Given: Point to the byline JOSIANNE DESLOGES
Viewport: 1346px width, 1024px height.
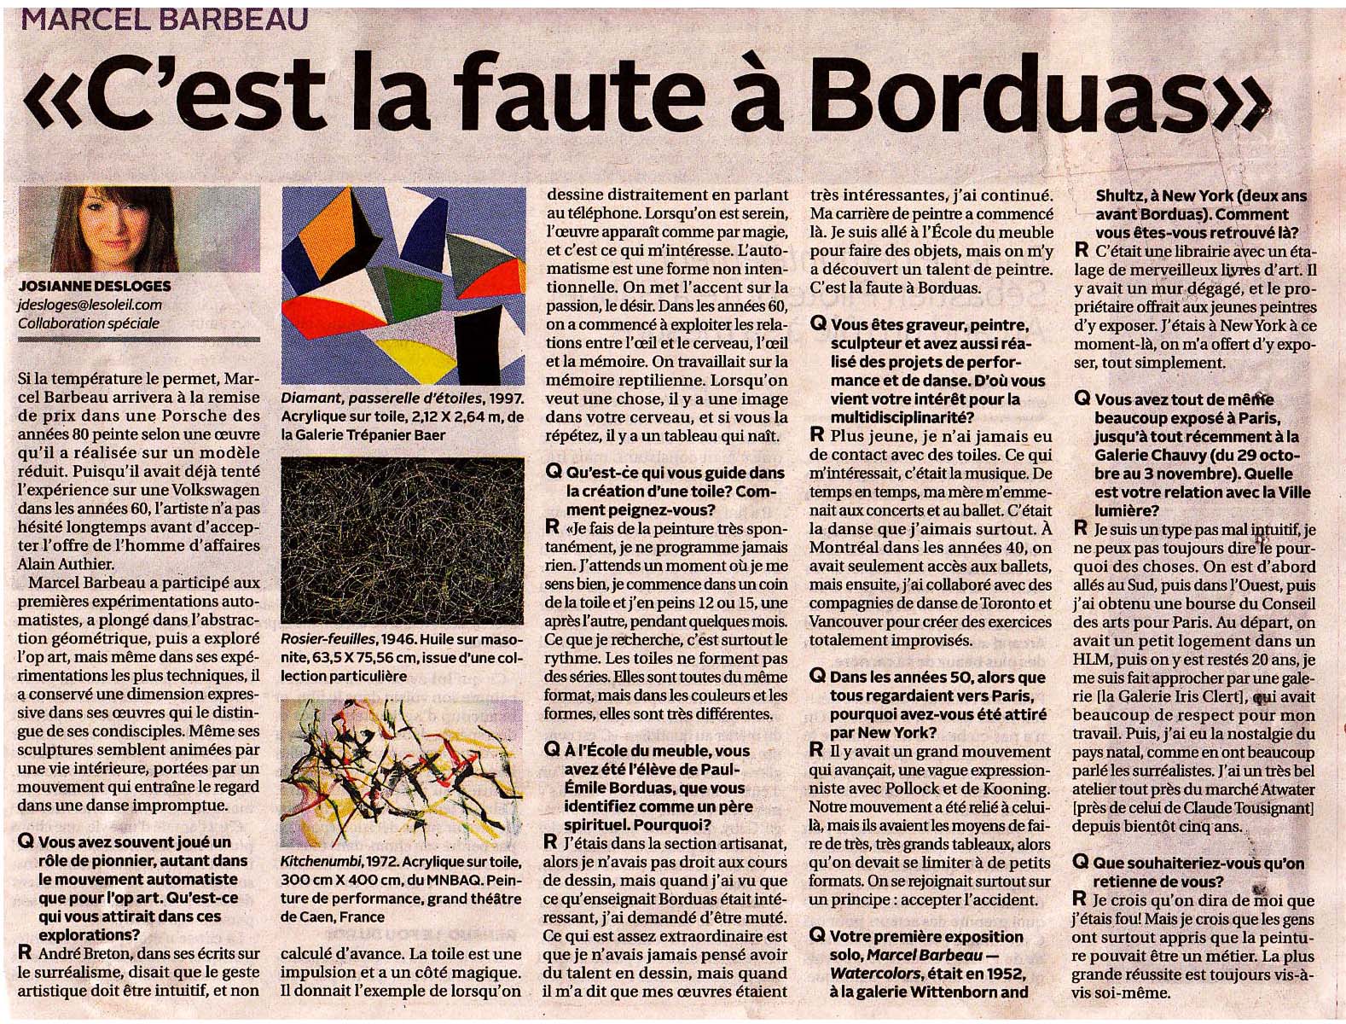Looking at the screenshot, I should tap(95, 286).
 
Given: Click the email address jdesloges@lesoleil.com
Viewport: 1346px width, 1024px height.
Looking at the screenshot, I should tap(90, 305).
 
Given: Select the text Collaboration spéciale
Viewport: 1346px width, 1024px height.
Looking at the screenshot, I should tap(89, 323).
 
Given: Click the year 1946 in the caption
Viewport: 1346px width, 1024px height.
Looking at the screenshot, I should tap(399, 639).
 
